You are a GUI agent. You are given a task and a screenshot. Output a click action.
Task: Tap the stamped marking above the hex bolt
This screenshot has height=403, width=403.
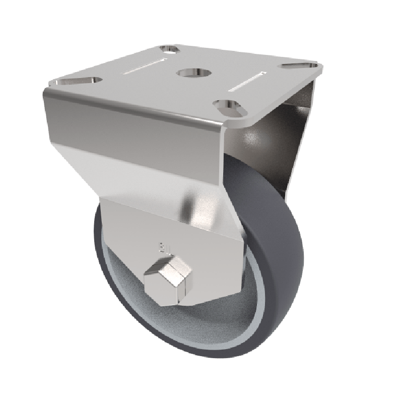click(165, 247)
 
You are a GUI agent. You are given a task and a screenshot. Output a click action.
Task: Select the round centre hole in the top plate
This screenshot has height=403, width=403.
click(189, 73)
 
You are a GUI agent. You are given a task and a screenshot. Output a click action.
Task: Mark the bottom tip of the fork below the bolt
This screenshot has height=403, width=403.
click(166, 305)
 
